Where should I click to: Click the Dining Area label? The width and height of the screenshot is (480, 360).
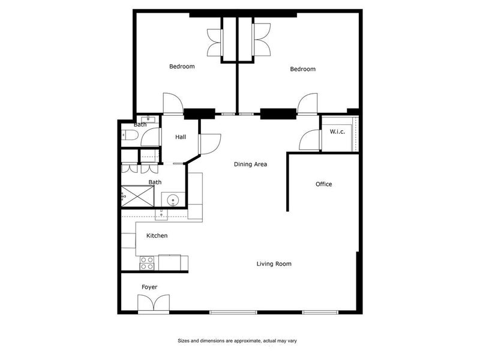(250, 164)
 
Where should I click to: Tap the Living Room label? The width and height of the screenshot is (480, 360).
(274, 264)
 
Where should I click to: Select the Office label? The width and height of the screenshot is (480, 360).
(323, 184)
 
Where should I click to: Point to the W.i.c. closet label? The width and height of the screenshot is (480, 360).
(337, 131)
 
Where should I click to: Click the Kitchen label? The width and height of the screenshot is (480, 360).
(157, 235)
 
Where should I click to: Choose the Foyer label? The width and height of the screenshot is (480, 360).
(149, 287)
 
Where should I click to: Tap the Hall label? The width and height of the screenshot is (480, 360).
(181, 137)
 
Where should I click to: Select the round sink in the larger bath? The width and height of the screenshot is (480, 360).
(173, 200)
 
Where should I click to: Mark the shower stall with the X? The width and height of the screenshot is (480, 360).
(138, 196)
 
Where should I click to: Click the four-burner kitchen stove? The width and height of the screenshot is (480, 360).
(147, 263)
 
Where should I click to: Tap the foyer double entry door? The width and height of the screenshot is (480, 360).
(154, 304)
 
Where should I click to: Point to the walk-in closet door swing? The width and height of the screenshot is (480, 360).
(309, 140)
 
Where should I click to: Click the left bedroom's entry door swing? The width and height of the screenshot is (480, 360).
(173, 103)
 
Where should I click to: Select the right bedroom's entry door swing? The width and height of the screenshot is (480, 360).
(307, 103)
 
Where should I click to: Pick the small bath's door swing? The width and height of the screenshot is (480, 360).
(151, 137)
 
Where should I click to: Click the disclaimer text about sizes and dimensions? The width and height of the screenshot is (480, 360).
(237, 341)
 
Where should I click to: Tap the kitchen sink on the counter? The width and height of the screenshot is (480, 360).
(161, 214)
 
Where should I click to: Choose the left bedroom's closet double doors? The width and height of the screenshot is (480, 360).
(215, 43)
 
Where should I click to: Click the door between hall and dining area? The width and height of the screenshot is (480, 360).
(210, 144)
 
